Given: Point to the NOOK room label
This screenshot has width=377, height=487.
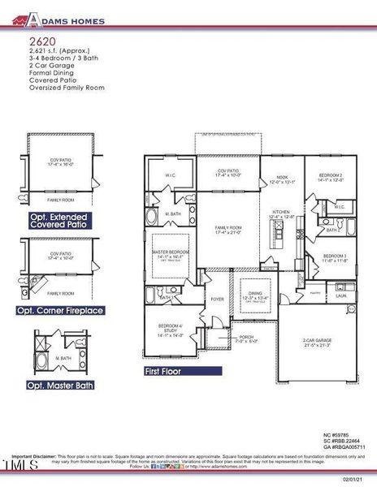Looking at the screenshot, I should (281, 177).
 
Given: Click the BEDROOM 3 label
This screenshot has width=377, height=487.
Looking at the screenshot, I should (335, 256).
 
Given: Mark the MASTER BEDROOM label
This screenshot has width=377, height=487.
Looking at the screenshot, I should (171, 252).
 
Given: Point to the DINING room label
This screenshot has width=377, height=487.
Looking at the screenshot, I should (256, 295).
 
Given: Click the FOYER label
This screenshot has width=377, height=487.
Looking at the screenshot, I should (217, 299).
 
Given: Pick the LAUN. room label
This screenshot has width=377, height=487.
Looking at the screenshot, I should (341, 296).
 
